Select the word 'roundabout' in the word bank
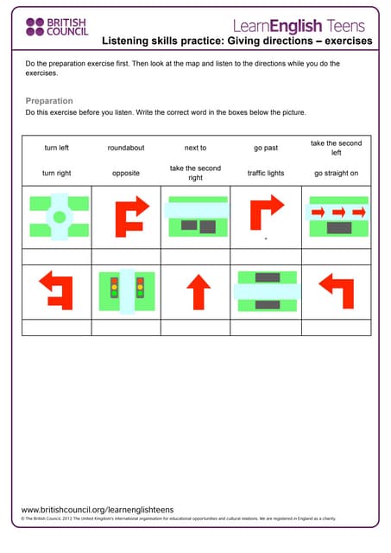126,149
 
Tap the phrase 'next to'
196,149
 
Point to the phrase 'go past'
266,149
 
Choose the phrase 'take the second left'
336,148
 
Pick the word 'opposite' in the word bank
126,174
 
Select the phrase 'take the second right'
196,173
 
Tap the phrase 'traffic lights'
266,174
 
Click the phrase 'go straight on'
336,174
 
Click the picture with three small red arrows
337,217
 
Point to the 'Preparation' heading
49,101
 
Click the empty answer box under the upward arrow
196,327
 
